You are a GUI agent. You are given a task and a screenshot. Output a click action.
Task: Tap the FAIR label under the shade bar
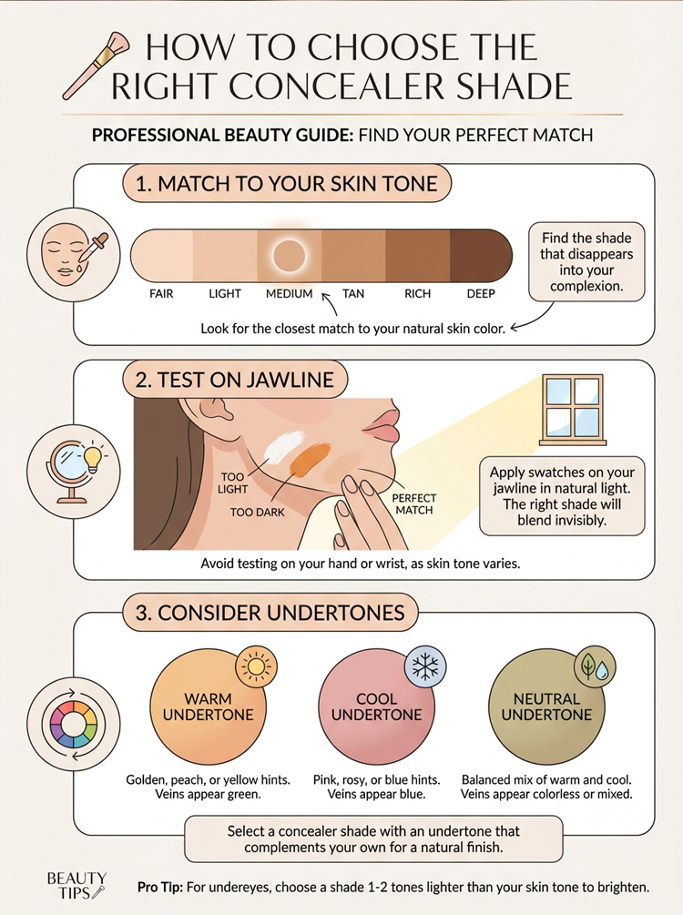[161, 293]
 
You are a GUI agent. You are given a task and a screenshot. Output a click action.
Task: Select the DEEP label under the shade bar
[481, 293]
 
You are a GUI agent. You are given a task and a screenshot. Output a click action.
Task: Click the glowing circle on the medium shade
[289, 256]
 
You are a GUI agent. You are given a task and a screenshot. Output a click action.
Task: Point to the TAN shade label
[353, 293]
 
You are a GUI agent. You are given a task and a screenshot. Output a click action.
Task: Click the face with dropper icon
[74, 254]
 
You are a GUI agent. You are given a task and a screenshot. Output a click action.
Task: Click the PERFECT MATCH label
[413, 503]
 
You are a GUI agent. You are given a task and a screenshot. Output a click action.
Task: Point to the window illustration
[573, 410]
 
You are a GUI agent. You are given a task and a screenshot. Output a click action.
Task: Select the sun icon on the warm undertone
[256, 666]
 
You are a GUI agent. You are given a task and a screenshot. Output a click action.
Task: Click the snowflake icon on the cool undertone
[425, 666]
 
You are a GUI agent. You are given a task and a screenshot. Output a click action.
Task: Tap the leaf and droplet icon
[595, 666]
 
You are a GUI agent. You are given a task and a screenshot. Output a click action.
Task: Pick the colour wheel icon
[74, 724]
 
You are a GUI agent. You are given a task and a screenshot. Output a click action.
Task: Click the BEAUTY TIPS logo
[76, 885]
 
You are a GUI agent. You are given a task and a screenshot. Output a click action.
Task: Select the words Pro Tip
[160, 888]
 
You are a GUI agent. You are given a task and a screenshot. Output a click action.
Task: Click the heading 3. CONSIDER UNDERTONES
[270, 614]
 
